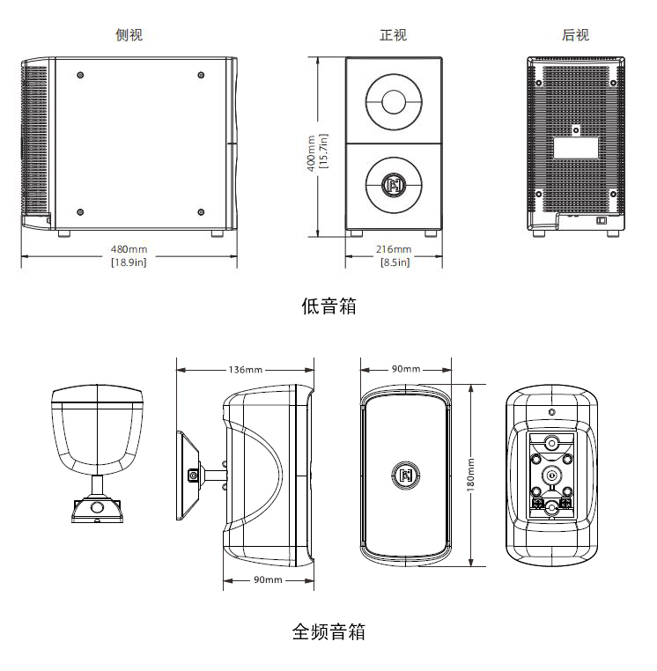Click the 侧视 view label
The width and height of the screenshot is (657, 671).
[x=129, y=35]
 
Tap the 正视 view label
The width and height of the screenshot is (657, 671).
[x=393, y=35]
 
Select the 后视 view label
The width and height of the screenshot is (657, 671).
[x=575, y=35]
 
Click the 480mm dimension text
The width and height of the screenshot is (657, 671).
[x=129, y=249]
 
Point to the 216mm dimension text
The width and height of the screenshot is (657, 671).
[x=394, y=249]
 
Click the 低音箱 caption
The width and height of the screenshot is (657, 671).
[x=328, y=306]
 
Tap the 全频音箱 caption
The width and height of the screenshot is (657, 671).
[x=328, y=631]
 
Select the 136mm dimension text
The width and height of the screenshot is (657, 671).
[x=245, y=369]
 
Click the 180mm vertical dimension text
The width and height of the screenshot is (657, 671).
[x=470, y=476]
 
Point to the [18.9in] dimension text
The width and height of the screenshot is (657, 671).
[x=129, y=262]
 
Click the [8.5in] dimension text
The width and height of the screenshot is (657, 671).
[x=394, y=262]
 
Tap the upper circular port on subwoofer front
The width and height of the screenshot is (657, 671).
[x=393, y=101]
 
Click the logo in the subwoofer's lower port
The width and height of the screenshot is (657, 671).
[x=393, y=185]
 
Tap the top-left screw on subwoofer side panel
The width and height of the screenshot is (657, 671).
[x=80, y=75]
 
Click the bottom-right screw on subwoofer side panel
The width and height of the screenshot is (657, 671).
[x=201, y=211]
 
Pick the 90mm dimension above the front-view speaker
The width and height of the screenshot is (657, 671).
[x=406, y=369]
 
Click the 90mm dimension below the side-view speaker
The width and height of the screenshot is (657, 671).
[x=268, y=579]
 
